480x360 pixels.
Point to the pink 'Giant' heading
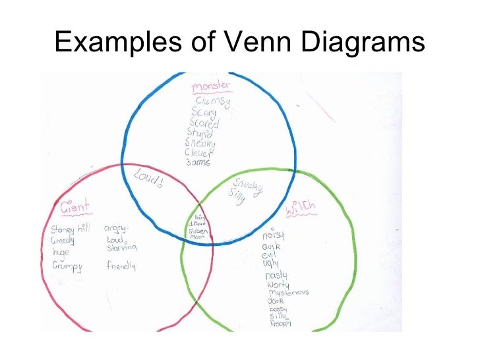click(75, 208)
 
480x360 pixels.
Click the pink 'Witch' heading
click(301, 210)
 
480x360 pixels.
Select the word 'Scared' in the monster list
click(204, 123)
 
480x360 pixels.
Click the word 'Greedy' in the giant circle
click(63, 241)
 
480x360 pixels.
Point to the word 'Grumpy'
click(67, 266)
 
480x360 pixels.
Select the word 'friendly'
click(121, 266)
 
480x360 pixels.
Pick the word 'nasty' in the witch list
click(276, 275)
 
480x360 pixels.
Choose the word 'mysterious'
click(288, 292)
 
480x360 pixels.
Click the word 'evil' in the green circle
click(269, 255)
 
